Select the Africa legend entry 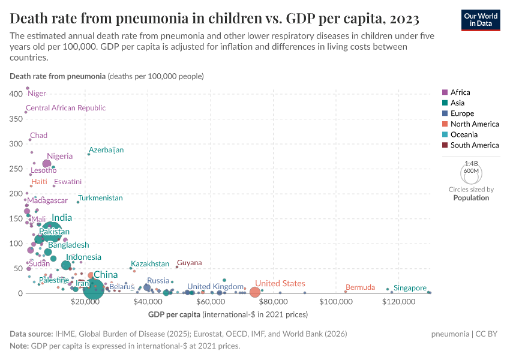(460, 92)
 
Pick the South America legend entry (474, 145)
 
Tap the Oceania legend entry (465, 134)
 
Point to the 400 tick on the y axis (16, 94)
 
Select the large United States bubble (254, 292)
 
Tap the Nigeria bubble (47, 164)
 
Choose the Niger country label (37, 94)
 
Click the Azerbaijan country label (106, 150)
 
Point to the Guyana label (190, 263)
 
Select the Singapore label (410, 288)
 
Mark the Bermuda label (361, 287)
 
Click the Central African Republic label (66, 108)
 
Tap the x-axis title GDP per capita (174, 314)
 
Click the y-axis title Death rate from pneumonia (57, 76)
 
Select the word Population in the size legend (471, 197)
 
